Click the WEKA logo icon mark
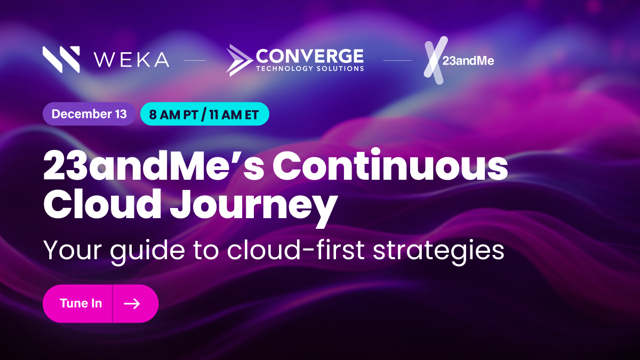61,59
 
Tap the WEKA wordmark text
131,60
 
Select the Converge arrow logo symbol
239,60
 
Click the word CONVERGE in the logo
310,56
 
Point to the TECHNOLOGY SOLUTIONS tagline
310,69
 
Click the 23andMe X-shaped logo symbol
434,60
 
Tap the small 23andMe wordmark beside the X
468,61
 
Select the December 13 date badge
89,114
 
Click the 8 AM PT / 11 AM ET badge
205,114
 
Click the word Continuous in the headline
390,165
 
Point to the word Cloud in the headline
102,204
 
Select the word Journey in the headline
254,207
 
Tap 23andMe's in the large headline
154,166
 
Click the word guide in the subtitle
147,251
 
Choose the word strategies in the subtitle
438,251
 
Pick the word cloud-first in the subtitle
295,250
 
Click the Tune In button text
81,303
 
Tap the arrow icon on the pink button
132,303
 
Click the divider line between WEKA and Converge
195,61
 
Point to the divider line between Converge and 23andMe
397,61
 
